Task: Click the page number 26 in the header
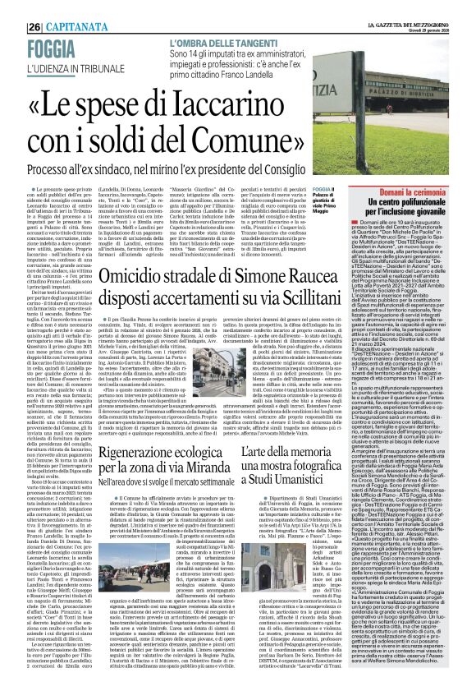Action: pyautogui.click(x=12, y=6)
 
